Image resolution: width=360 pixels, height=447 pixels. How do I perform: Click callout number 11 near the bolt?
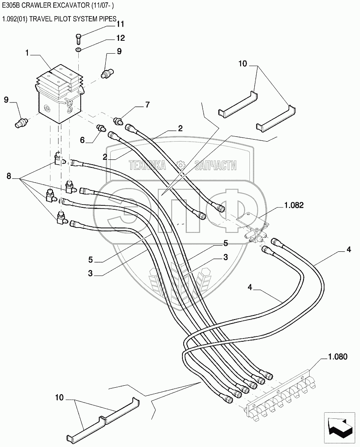coord(120,24)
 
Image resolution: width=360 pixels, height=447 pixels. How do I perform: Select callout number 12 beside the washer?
coord(120,38)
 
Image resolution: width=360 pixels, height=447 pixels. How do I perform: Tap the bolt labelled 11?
coord(79,39)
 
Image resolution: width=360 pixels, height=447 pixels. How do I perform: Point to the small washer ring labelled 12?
coord(79,50)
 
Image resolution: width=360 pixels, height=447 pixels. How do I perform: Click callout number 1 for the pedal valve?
coord(27,53)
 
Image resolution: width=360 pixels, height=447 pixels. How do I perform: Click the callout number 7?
coord(147,105)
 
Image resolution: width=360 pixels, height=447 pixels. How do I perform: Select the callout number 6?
coord(82,140)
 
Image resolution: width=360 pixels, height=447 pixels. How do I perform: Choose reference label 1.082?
coord(293,205)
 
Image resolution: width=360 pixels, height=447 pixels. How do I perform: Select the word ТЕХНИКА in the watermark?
coord(147,165)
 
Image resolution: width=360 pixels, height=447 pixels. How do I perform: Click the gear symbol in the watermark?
coord(180,165)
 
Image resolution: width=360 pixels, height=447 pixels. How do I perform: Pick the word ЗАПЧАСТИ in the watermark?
coord(216,165)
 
